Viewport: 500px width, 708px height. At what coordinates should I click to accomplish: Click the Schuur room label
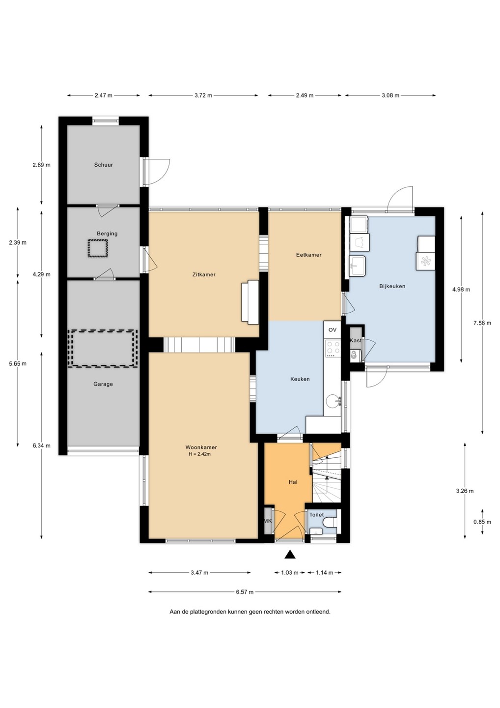tap(103, 165)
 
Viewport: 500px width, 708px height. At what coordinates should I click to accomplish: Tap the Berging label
tap(107, 234)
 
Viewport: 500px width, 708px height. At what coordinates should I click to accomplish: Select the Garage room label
tap(103, 384)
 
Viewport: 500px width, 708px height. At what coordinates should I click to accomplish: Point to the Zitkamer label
tap(204, 274)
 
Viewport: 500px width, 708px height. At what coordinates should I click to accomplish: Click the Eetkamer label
tap(309, 255)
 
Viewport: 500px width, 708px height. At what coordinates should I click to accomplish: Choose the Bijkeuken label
tap(392, 286)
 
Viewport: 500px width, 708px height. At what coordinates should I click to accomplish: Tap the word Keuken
tap(300, 379)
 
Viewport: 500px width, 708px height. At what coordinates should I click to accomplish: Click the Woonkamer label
tap(201, 447)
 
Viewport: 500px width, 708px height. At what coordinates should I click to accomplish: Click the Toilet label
tap(316, 515)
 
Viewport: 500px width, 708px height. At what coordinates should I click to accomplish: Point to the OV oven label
tap(333, 329)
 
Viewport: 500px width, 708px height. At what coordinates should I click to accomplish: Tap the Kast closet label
tap(356, 340)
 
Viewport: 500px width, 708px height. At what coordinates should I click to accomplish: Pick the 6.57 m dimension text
tap(245, 592)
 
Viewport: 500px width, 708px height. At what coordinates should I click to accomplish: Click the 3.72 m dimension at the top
tap(203, 95)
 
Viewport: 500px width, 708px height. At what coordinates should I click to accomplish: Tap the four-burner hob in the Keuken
tap(333, 349)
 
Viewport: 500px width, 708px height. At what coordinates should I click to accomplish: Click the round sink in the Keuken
tap(333, 402)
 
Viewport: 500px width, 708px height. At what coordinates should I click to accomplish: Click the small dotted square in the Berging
tap(98, 248)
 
